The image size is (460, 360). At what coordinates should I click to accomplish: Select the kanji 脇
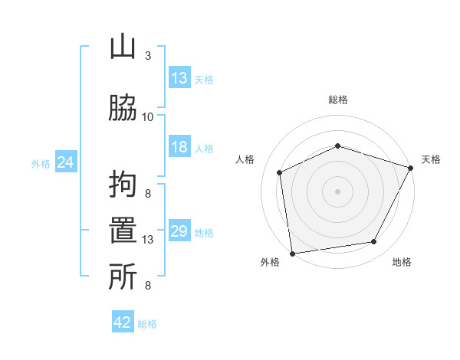(x=123, y=108)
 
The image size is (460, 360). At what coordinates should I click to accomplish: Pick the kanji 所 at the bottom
(x=123, y=277)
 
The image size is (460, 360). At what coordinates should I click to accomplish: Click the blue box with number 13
(x=179, y=78)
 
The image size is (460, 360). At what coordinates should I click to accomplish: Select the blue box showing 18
(x=179, y=147)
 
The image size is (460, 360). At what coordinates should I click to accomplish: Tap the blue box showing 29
(x=179, y=231)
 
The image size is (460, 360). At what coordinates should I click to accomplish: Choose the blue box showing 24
(x=66, y=162)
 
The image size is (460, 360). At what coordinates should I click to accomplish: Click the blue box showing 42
(x=123, y=322)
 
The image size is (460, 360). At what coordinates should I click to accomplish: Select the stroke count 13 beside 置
(x=148, y=240)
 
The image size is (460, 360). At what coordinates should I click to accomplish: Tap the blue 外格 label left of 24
(x=41, y=163)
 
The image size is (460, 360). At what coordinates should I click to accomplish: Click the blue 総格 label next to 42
(x=147, y=323)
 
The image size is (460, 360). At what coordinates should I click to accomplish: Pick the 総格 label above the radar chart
(x=338, y=100)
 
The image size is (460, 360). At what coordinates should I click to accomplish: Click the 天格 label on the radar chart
(x=431, y=159)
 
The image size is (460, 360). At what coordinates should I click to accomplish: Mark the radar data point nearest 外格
(x=292, y=253)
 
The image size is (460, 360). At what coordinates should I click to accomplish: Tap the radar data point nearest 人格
(x=280, y=172)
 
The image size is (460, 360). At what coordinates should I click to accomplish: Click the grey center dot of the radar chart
(x=338, y=191)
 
